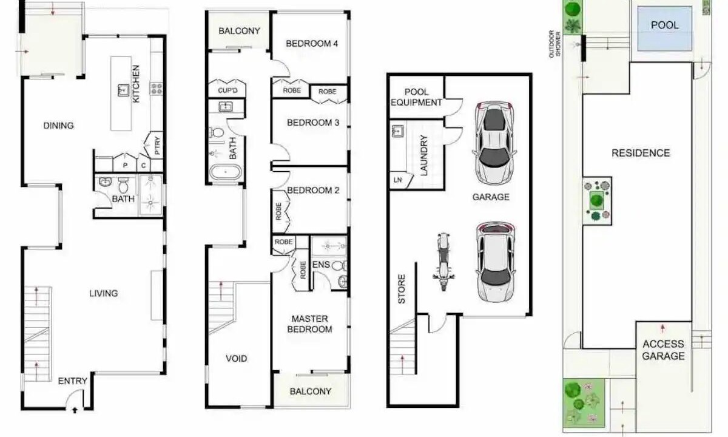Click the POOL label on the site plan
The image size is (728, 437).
pos(665,25)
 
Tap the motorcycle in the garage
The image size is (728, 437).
pos(443,262)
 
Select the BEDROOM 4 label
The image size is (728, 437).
pos(312,44)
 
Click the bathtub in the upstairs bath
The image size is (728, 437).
pos(225,172)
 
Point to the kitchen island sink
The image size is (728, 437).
pos(123,90)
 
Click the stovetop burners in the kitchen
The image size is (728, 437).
pos(157,89)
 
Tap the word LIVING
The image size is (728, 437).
pos(104,293)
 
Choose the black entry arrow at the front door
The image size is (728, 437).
pos(75,410)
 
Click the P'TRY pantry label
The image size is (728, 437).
pos(157,145)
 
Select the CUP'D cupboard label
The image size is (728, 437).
pos(227,90)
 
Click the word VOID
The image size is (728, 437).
pos(236,358)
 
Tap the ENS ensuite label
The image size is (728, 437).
pos(321,265)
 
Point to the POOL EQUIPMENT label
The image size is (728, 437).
pos(416,97)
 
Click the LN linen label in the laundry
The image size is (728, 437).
pos(397,180)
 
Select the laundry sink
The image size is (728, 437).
pos(398,131)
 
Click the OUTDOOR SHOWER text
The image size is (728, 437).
pos(554,44)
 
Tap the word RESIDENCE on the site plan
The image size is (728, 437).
pos(641,153)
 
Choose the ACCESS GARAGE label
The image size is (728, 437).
pos(663,350)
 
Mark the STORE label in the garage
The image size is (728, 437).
pos(402,289)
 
